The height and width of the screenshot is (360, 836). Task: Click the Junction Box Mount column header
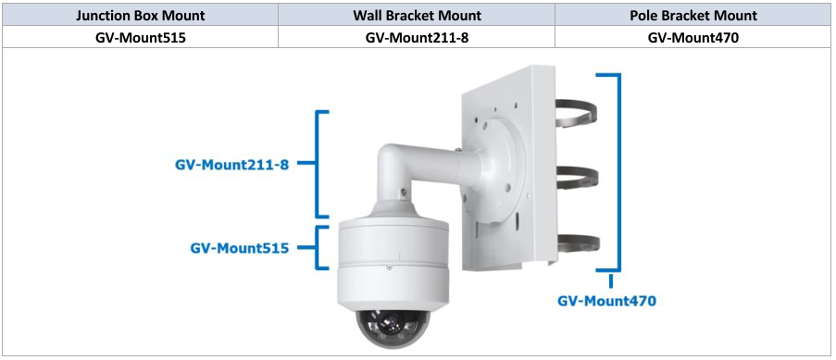(140, 15)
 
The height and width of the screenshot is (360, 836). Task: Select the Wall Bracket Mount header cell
(417, 15)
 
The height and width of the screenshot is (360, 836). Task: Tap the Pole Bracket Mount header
(693, 15)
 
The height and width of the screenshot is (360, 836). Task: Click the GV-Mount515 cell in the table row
(140, 37)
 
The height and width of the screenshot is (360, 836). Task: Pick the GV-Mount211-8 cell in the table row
(417, 37)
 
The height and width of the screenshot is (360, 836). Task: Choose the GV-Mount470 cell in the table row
(693, 37)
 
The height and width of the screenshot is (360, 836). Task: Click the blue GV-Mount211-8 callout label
(231, 164)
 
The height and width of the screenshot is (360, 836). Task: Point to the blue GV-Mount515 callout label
(240, 248)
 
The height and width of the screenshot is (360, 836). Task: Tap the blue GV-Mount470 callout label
(606, 301)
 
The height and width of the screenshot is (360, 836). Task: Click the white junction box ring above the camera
(393, 245)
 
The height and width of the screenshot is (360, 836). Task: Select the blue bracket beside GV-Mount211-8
(319, 164)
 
